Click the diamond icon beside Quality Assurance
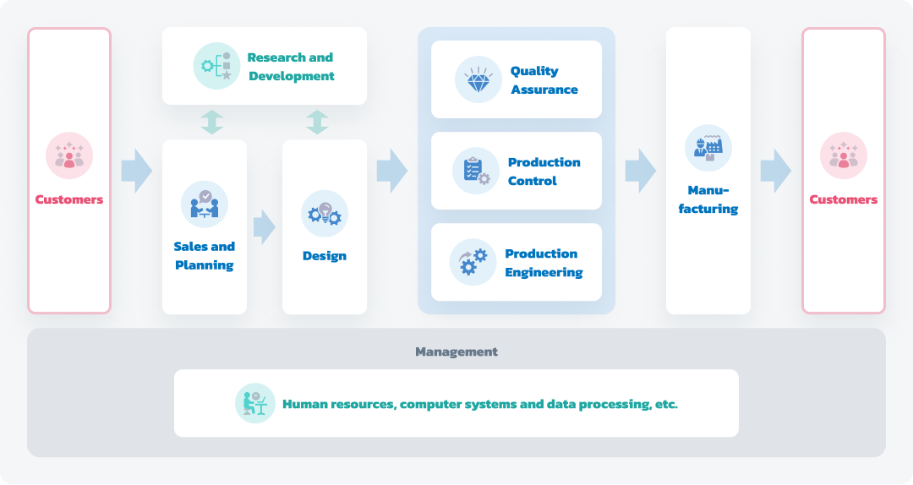478,79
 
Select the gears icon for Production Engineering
473,262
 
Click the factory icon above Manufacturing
708,148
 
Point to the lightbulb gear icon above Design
325,214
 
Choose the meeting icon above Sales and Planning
205,204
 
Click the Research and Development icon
216,66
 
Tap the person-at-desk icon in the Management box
255,403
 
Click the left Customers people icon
69,155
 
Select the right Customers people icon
844,155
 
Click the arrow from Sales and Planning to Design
265,227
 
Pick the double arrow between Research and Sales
212,123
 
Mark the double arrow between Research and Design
317,123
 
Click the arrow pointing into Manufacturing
641,171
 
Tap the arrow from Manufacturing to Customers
775,171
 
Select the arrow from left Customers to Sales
137,171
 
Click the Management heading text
456,351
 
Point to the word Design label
325,256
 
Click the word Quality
534,71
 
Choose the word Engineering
544,272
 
